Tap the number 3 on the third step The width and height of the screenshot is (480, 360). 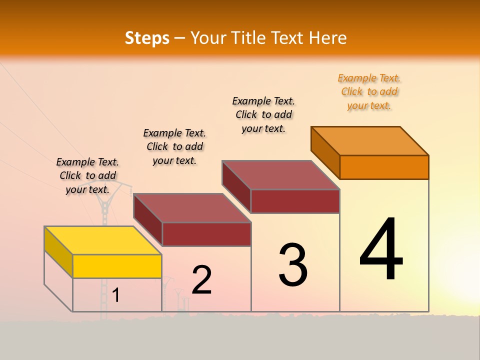(x=293, y=265)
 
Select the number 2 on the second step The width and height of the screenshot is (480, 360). (x=201, y=280)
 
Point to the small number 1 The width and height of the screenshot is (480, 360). (x=116, y=295)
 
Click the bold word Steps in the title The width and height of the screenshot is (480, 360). (x=147, y=38)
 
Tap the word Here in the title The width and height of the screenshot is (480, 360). (x=328, y=38)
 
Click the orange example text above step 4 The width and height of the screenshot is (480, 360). (x=369, y=92)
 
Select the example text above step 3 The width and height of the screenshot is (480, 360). (x=263, y=114)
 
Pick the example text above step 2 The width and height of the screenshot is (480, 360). (x=174, y=146)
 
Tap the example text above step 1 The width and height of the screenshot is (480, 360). (x=87, y=175)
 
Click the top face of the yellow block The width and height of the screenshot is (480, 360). (x=103, y=240)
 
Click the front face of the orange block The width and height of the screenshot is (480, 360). (x=384, y=167)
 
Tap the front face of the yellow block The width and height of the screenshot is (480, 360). (x=117, y=266)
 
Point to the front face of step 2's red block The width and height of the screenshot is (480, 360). (x=206, y=234)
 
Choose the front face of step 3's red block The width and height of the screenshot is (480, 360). (x=295, y=201)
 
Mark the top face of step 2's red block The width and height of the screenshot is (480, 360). (x=192, y=208)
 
